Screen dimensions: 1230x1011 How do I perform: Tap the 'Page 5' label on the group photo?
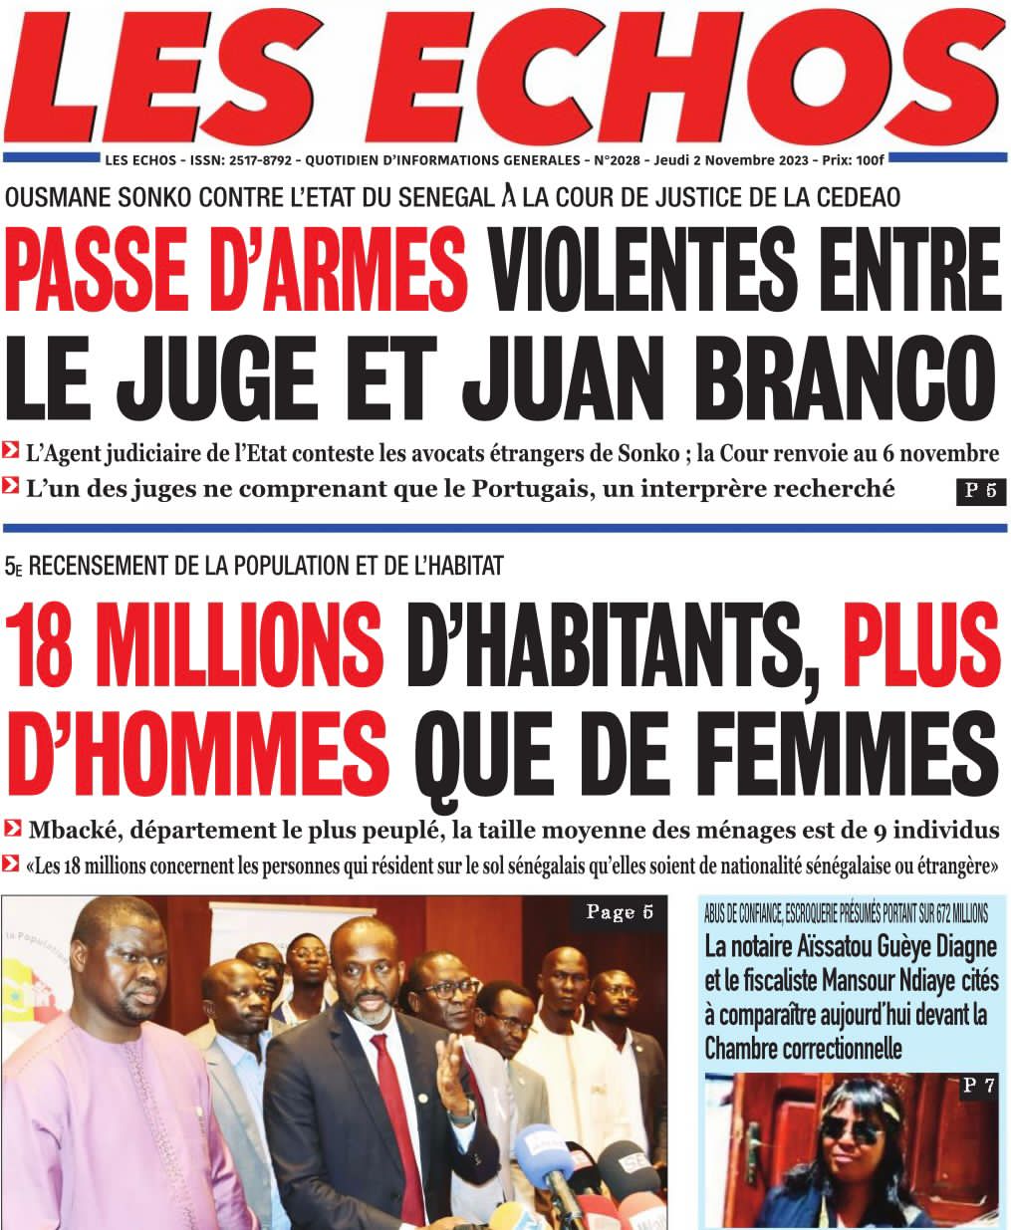(619, 913)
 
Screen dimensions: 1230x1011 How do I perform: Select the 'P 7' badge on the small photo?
(977, 1087)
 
